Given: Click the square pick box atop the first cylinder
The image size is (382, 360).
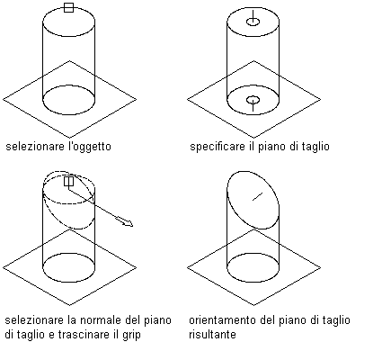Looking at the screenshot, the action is (x=68, y=7).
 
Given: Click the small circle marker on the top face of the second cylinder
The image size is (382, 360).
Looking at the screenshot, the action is (x=253, y=22).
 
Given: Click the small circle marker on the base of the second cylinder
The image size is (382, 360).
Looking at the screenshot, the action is (x=253, y=100).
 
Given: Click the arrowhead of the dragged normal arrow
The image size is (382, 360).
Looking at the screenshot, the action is (x=128, y=223).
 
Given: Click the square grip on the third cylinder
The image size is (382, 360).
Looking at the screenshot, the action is (x=68, y=181).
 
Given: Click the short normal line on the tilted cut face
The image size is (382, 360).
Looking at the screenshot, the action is (x=257, y=196).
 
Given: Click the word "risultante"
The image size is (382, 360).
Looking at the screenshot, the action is (x=212, y=334).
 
